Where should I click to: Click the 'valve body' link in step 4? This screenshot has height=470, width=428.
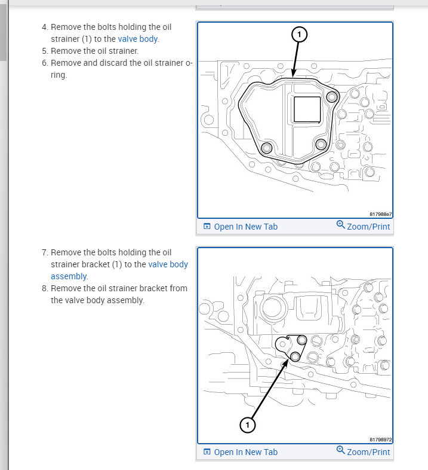(x=138, y=39)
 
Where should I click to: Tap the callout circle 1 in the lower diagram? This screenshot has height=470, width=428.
(x=247, y=425)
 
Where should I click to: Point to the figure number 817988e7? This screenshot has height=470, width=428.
(x=380, y=214)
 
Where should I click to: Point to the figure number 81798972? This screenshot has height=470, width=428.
(x=380, y=440)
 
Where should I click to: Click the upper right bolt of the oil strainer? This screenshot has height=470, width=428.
(x=331, y=97)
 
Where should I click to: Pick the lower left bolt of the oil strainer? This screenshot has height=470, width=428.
(x=267, y=148)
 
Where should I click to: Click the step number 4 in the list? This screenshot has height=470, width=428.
(x=44, y=28)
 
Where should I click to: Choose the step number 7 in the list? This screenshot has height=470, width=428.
(x=44, y=252)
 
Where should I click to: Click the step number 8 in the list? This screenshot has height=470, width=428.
(x=44, y=288)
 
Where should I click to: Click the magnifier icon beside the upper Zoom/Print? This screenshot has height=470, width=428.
(x=340, y=225)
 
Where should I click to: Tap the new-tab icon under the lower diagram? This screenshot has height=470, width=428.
(x=207, y=452)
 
